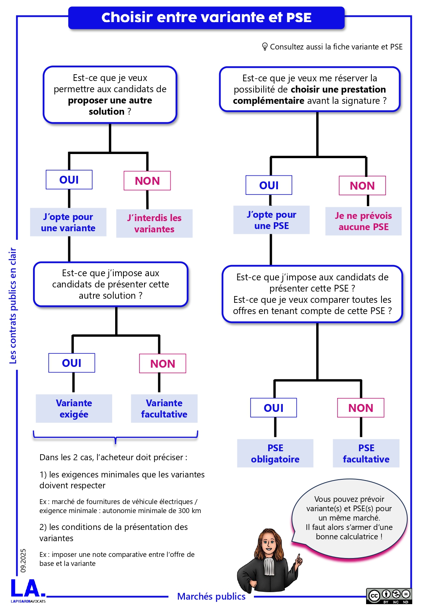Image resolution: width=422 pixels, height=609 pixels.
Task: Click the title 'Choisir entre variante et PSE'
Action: (x=206, y=18)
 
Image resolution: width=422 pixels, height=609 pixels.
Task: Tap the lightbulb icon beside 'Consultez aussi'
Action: (x=265, y=46)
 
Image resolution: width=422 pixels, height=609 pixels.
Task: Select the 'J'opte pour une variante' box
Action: (x=68, y=222)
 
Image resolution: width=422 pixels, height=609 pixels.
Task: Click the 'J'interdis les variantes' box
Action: (x=154, y=223)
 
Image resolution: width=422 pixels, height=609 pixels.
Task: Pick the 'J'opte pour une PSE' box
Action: (x=272, y=220)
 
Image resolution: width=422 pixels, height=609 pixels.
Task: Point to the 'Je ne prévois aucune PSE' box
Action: (x=363, y=221)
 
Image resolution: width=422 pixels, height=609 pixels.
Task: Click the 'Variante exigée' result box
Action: (x=74, y=408)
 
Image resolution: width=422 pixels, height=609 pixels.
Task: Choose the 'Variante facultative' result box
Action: (x=164, y=408)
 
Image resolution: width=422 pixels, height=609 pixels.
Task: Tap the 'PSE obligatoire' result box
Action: (x=275, y=453)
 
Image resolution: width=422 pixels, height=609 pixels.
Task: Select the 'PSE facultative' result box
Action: (x=366, y=453)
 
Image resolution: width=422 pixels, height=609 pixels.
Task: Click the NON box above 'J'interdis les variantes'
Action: (x=147, y=181)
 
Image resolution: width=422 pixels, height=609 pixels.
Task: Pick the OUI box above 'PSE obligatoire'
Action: (x=273, y=408)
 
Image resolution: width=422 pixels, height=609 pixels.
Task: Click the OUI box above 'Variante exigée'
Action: (x=72, y=363)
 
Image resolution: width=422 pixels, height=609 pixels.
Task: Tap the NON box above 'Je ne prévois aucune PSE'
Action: (x=362, y=186)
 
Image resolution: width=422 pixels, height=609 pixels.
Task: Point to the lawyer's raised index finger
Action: (x=299, y=557)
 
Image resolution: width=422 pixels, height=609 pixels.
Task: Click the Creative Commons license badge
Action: (x=389, y=596)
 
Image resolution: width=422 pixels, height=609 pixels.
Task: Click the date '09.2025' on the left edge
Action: (x=23, y=560)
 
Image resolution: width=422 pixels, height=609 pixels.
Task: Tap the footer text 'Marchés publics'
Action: (x=211, y=596)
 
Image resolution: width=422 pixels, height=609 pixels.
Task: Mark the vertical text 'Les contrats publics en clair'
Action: (x=13, y=305)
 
